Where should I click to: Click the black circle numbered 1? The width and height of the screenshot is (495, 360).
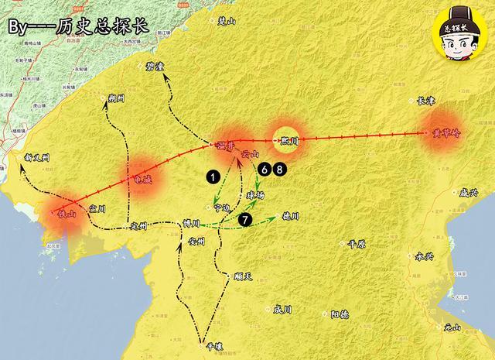(x=212, y=177)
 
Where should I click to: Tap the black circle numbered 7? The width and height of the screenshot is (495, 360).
(x=245, y=219)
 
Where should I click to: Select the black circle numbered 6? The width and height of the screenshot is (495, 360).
(x=265, y=167)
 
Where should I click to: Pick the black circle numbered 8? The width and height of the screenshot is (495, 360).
(x=279, y=167)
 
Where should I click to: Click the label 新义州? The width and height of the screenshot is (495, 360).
(x=36, y=157)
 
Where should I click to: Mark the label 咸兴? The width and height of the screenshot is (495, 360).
(x=469, y=192)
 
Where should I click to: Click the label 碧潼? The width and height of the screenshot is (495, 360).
(x=155, y=67)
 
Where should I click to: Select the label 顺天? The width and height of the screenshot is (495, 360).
(x=243, y=276)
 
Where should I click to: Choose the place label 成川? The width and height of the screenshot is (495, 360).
(x=282, y=309)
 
